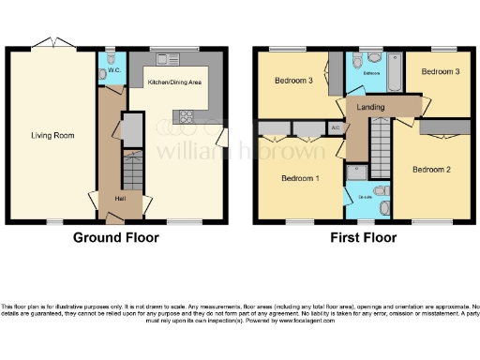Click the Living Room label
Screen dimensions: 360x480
52,135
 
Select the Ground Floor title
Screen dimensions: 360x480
116,237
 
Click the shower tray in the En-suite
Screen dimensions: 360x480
356,172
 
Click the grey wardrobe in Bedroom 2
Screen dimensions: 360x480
444,127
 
